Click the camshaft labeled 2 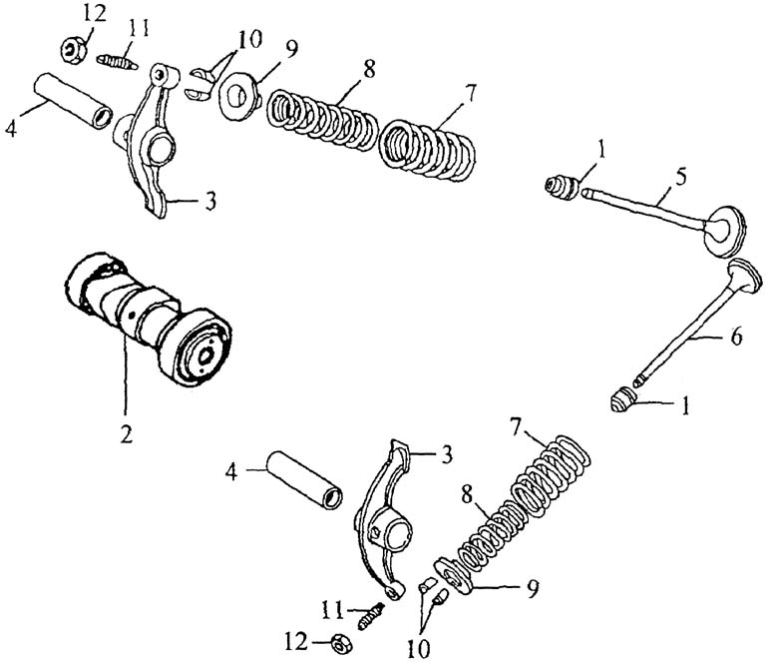pos(149,318)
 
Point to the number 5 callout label pos(681,177)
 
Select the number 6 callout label pos(736,336)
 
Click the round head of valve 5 pos(725,231)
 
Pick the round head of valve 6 pos(744,276)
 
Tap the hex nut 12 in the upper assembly pos(75,50)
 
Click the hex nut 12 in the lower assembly pos(340,645)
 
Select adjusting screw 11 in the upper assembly pos(117,63)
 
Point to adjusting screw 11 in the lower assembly pos(371,616)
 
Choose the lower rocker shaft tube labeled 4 pos(305,479)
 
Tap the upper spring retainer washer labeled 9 pos(239,96)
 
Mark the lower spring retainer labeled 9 pos(455,575)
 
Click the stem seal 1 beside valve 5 pos(562,188)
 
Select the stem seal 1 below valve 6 pos(622,400)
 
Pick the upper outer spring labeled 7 pos(427,149)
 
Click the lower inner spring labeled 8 pos(491,536)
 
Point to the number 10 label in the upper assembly pos(249,39)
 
